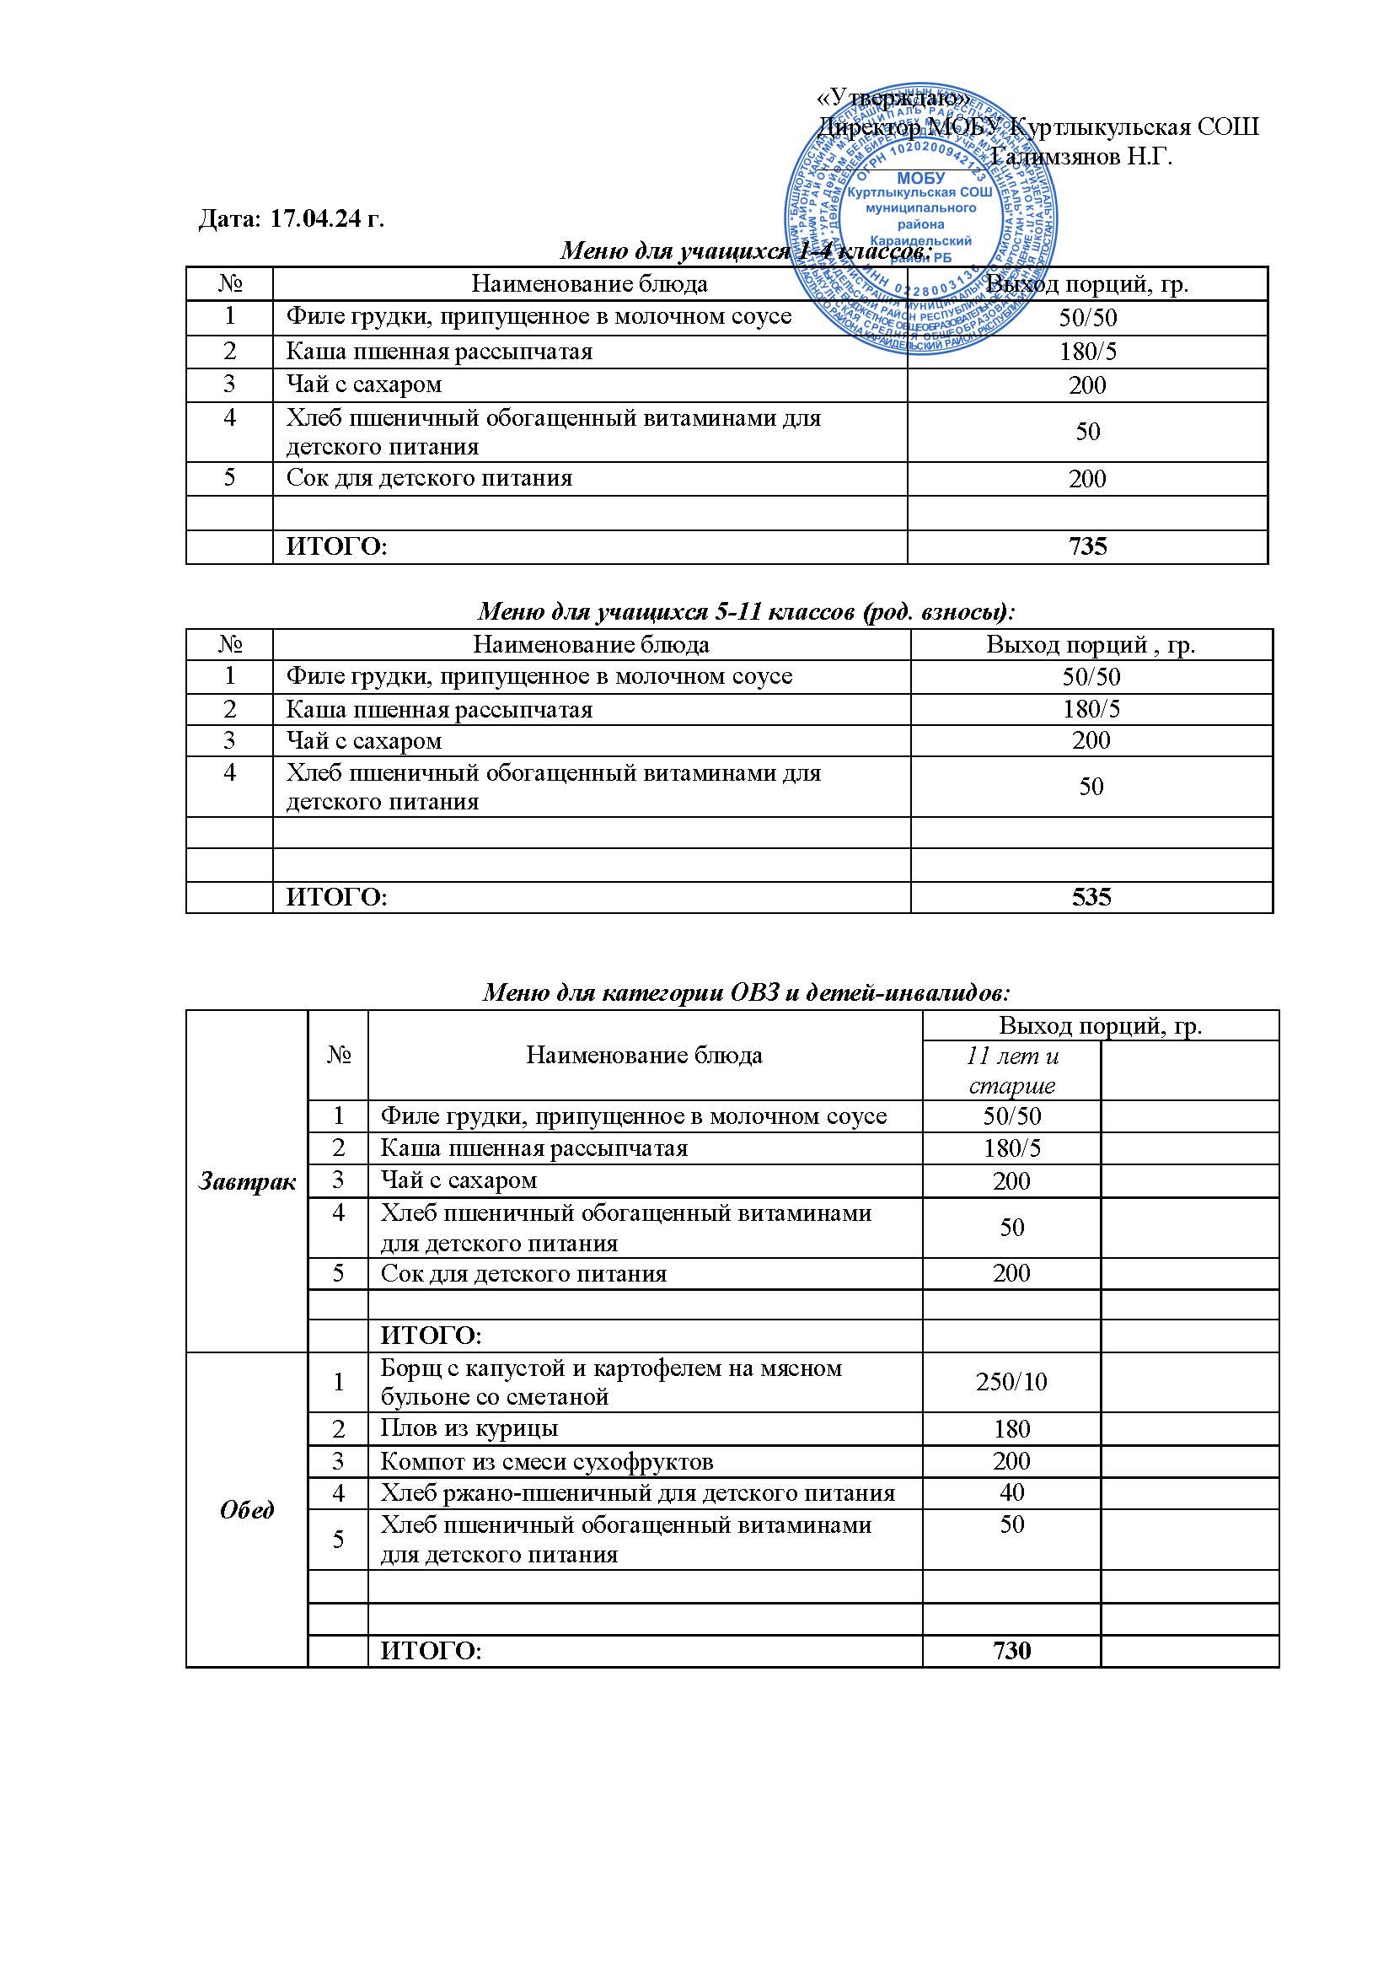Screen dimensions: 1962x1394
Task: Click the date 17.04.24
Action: point(325,220)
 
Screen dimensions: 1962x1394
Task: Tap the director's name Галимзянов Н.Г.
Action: point(1080,157)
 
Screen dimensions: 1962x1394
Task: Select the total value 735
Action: point(1087,547)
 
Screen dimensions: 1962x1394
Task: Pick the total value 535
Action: point(1091,897)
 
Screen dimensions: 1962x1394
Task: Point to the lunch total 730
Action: point(1011,1650)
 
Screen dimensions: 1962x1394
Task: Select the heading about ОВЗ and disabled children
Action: point(746,993)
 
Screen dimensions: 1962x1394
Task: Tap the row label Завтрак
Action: point(247,1181)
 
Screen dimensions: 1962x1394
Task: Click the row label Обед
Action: point(247,1510)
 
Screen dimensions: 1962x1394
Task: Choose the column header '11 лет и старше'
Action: point(1011,1070)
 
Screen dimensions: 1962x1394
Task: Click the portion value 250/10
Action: point(1011,1382)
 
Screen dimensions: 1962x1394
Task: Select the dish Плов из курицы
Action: point(469,1428)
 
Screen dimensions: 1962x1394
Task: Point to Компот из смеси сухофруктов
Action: point(547,1460)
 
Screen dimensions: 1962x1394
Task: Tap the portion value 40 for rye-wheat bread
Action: point(1011,1492)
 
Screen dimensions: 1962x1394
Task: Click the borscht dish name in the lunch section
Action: point(610,1382)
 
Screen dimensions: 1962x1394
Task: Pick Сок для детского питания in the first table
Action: point(429,478)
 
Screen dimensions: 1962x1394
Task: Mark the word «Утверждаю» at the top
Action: point(894,99)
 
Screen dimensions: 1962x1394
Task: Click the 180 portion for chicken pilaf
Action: point(1011,1429)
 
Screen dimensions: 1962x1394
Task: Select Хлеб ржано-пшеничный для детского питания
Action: point(637,1493)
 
